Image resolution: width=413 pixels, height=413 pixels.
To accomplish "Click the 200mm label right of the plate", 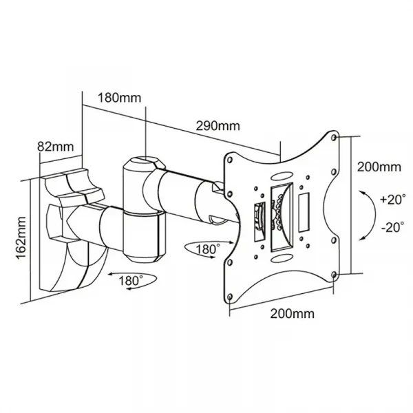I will pos(379,167).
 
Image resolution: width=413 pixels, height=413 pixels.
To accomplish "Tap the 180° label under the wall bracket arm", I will pos(131,281).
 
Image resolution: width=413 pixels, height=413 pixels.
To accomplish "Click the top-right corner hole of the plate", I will pos(335,138).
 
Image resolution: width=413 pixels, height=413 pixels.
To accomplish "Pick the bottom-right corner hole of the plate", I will pos(335,275).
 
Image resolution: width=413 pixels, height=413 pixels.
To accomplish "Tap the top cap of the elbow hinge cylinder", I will pos(142,164).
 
